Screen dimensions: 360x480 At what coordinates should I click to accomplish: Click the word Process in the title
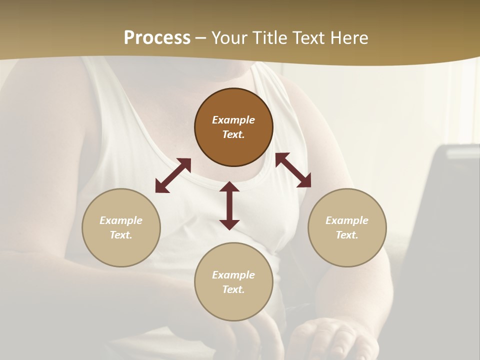point(157,38)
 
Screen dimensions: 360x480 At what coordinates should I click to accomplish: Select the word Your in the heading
point(229,38)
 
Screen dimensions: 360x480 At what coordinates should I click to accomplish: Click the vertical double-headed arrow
point(229,205)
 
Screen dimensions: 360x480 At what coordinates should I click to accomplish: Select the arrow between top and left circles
point(173,175)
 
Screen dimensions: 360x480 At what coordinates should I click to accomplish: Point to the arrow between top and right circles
point(293,170)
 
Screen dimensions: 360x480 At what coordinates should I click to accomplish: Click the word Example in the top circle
point(233,120)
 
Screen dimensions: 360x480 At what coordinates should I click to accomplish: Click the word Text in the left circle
point(121,235)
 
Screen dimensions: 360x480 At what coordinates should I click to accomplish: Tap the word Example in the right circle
point(347,220)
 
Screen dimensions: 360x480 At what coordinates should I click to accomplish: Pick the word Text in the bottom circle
point(233,289)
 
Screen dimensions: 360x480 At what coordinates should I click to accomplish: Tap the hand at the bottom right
point(330,340)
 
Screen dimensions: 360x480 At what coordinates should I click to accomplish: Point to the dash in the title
point(201,38)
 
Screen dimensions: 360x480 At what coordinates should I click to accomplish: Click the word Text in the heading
point(307,38)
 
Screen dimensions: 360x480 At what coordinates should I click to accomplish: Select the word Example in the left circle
point(121,220)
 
